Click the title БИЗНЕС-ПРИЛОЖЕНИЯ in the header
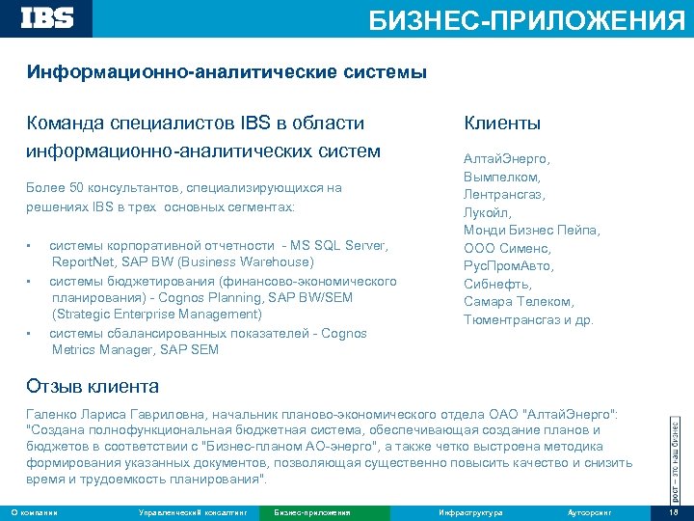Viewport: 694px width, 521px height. tap(527, 20)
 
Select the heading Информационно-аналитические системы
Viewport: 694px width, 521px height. tap(227, 72)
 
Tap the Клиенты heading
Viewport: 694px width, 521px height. tap(502, 123)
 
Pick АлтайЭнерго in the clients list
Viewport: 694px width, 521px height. tap(506, 159)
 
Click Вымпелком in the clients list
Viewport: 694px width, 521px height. tap(501, 177)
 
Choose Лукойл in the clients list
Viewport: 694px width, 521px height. tap(488, 212)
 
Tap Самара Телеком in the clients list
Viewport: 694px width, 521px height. tap(517, 301)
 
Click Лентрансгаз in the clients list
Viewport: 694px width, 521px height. tap(504, 195)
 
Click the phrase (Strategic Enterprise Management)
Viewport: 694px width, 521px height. tap(157, 315)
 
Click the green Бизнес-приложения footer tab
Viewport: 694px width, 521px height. tap(311, 511)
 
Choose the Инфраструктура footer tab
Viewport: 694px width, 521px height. tap(469, 511)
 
